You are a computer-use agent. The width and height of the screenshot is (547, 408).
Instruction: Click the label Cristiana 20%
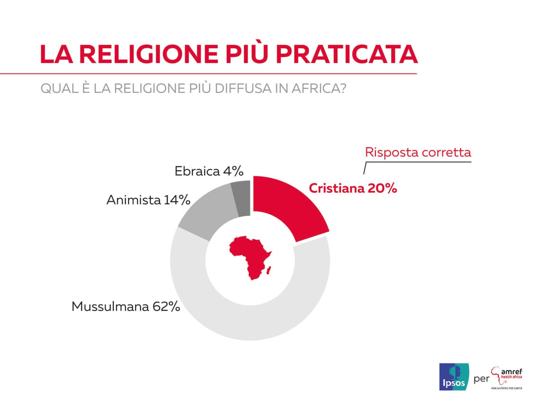coord(352,188)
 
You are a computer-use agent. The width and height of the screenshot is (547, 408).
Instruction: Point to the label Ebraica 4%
coord(209,171)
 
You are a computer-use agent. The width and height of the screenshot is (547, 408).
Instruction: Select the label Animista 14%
coord(148,200)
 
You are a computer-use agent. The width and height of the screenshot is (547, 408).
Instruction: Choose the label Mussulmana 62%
coord(125,306)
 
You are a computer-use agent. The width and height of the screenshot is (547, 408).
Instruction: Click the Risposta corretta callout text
coord(418,152)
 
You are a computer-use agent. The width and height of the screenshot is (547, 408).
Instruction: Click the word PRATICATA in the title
coord(347,54)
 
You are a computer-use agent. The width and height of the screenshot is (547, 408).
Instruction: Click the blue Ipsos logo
coord(454,377)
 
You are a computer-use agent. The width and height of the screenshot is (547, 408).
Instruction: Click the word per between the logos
coord(481,379)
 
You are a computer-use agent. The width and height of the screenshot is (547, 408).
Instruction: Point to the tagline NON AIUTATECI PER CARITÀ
coord(507,388)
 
